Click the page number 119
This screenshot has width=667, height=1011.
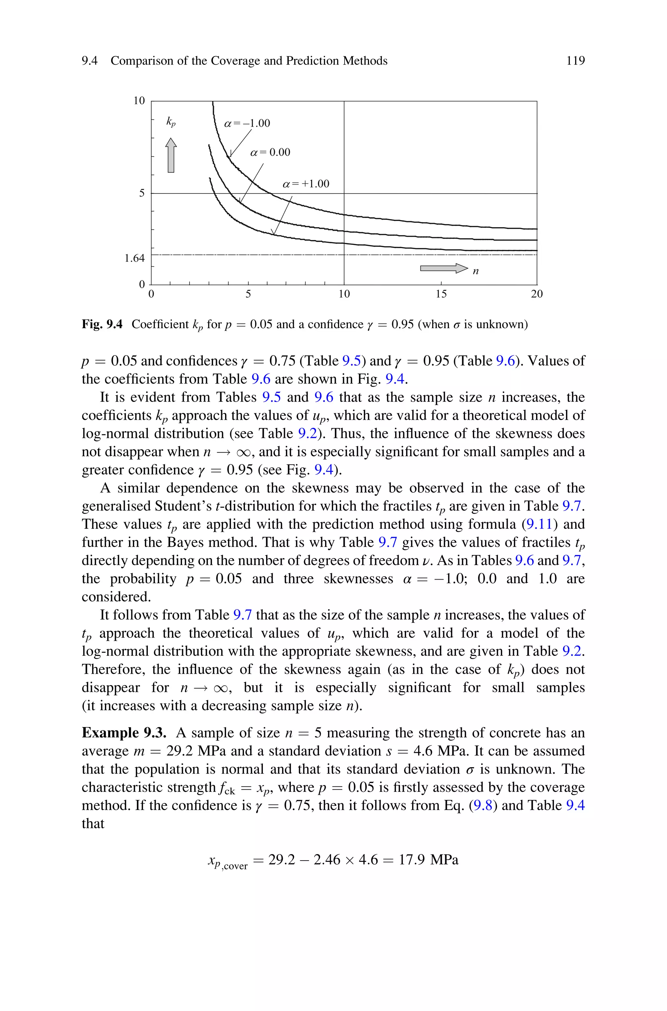point(575,61)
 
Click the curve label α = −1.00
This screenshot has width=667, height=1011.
point(247,123)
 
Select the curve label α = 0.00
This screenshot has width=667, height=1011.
point(270,152)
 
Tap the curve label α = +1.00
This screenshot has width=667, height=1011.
point(306,184)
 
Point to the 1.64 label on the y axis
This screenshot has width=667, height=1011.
point(135,258)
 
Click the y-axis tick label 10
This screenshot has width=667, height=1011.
point(139,101)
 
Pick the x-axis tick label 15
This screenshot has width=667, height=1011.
point(441,294)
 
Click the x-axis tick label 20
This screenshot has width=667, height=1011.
point(537,294)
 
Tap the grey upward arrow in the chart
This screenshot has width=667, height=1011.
point(171,155)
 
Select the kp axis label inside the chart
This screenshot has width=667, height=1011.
point(171,122)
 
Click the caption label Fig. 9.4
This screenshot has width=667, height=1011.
point(102,324)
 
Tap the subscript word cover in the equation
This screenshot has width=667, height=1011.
point(235,866)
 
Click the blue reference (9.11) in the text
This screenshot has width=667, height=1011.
point(539,524)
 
